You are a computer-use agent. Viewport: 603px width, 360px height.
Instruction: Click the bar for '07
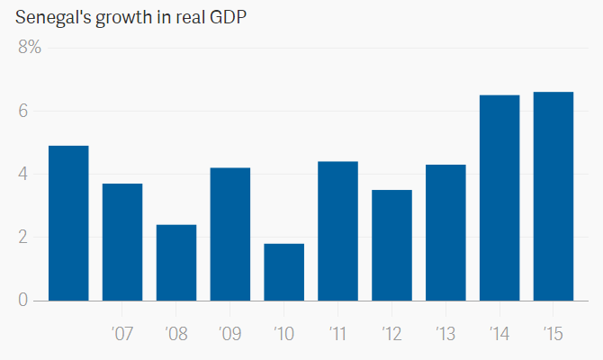[x=122, y=242]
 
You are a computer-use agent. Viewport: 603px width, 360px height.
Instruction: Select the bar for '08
[x=176, y=263]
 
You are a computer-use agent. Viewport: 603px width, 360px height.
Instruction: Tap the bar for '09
[x=230, y=234]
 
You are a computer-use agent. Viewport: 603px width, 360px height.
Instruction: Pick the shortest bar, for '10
[x=284, y=272]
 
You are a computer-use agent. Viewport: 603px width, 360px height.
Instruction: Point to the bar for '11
[x=338, y=231]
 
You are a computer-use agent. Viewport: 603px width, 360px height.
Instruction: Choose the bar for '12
[x=392, y=245]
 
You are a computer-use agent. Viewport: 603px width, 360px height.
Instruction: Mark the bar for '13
[x=446, y=232]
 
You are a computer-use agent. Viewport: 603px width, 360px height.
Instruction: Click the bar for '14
[x=499, y=198]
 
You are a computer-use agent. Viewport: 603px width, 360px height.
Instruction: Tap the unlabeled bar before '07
[x=68, y=223]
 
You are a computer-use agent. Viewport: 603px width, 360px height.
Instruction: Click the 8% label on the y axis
[x=30, y=48]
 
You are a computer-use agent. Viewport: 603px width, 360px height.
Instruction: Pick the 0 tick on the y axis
[x=24, y=301]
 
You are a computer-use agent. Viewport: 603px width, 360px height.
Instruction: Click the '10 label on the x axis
[x=283, y=334]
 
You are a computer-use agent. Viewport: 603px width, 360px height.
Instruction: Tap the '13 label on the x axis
[x=445, y=334]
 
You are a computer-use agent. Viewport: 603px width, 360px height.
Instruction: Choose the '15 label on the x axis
[x=553, y=334]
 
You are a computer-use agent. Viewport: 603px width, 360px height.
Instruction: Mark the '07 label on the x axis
[x=122, y=334]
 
